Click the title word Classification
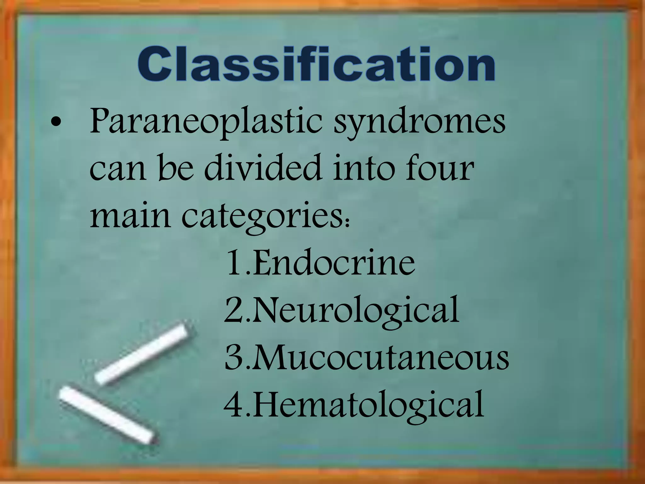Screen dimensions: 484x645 click(x=316, y=65)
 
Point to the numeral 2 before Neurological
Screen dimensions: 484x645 click(x=233, y=309)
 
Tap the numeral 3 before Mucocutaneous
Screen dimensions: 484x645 click(x=233, y=358)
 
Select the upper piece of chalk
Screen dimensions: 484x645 click(x=143, y=353)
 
